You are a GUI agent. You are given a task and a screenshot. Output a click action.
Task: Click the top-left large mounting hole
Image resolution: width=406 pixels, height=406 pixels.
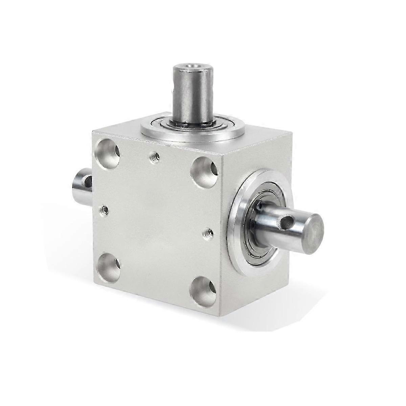tap(108, 151)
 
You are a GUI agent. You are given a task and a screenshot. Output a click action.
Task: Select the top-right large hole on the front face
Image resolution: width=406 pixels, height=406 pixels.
tap(204, 170)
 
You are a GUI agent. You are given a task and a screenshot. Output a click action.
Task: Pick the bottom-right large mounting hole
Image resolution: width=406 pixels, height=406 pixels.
tap(203, 290)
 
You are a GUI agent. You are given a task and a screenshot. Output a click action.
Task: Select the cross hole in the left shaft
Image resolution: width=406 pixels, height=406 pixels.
tap(89, 182)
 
